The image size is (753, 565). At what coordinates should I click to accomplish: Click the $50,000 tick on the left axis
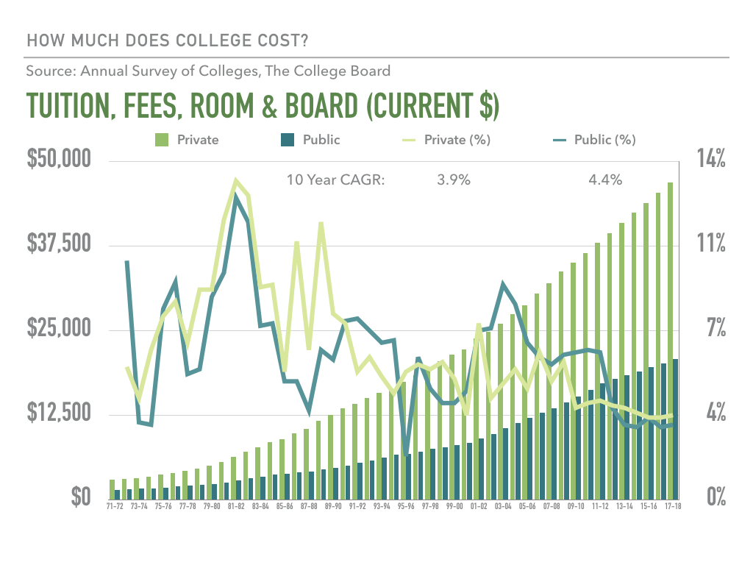(59, 159)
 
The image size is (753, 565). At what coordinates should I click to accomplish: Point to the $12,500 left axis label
(59, 412)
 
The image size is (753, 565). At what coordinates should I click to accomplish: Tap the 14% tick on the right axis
(711, 159)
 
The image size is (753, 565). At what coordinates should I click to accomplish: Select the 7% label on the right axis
(716, 327)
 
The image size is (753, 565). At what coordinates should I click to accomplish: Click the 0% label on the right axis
(716, 497)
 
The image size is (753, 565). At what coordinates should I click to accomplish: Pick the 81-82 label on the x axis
(236, 506)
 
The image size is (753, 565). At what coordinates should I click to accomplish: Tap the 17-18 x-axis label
(673, 506)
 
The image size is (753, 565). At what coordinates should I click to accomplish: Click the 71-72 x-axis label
(115, 506)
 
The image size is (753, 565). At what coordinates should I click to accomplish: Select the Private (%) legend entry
(446, 140)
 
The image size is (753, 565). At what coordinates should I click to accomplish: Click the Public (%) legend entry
(594, 140)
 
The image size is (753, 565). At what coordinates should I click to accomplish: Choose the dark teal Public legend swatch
(288, 140)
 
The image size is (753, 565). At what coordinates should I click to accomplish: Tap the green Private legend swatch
(162, 140)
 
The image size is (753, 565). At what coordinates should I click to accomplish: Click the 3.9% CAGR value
(453, 180)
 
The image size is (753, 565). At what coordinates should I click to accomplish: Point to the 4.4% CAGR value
(605, 180)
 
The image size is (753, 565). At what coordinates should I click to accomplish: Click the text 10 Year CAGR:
(335, 180)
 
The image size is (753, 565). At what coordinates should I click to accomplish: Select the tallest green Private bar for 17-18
(670, 341)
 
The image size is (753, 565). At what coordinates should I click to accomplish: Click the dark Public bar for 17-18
(676, 429)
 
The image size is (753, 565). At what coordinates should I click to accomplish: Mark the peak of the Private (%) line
(235, 181)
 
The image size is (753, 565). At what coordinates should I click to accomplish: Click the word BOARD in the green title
(321, 105)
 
